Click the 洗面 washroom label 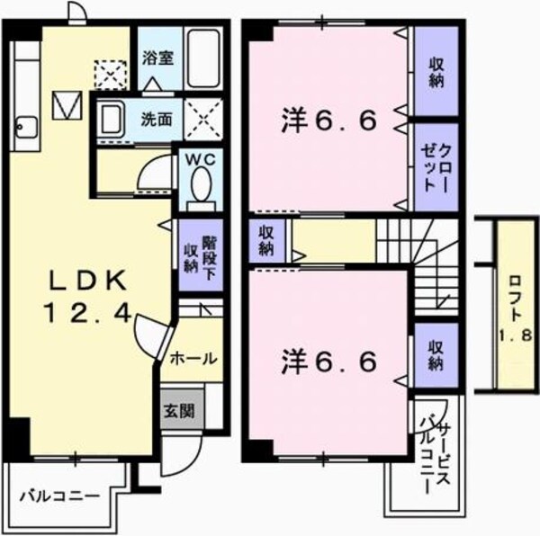(x=157, y=118)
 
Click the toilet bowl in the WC (x=200, y=187)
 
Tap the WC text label (x=199, y=161)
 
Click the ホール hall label (x=193, y=357)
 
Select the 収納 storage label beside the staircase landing (x=266, y=239)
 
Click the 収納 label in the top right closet (x=436, y=70)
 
